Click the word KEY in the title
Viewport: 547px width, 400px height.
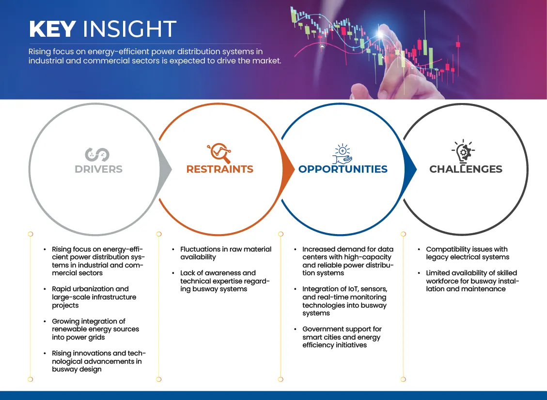point(52,29)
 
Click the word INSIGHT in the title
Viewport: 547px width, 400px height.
point(129,29)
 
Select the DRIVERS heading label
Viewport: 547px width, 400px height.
point(99,169)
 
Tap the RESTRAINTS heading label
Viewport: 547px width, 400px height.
point(220,169)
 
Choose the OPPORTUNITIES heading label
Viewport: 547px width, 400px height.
point(343,169)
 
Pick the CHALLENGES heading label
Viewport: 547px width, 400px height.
point(466,169)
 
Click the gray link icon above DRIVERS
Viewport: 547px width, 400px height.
point(97,155)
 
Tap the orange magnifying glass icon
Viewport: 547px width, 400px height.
point(219,153)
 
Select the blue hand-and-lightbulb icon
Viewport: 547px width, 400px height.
point(342,153)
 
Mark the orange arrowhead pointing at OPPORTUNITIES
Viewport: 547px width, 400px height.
point(288,170)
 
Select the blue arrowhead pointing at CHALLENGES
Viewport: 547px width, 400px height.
point(410,170)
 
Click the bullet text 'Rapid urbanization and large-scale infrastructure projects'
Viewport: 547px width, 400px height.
point(94,297)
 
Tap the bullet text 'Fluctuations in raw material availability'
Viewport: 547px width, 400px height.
point(226,253)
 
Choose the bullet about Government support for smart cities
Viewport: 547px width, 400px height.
point(342,337)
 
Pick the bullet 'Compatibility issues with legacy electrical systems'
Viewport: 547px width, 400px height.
point(468,253)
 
